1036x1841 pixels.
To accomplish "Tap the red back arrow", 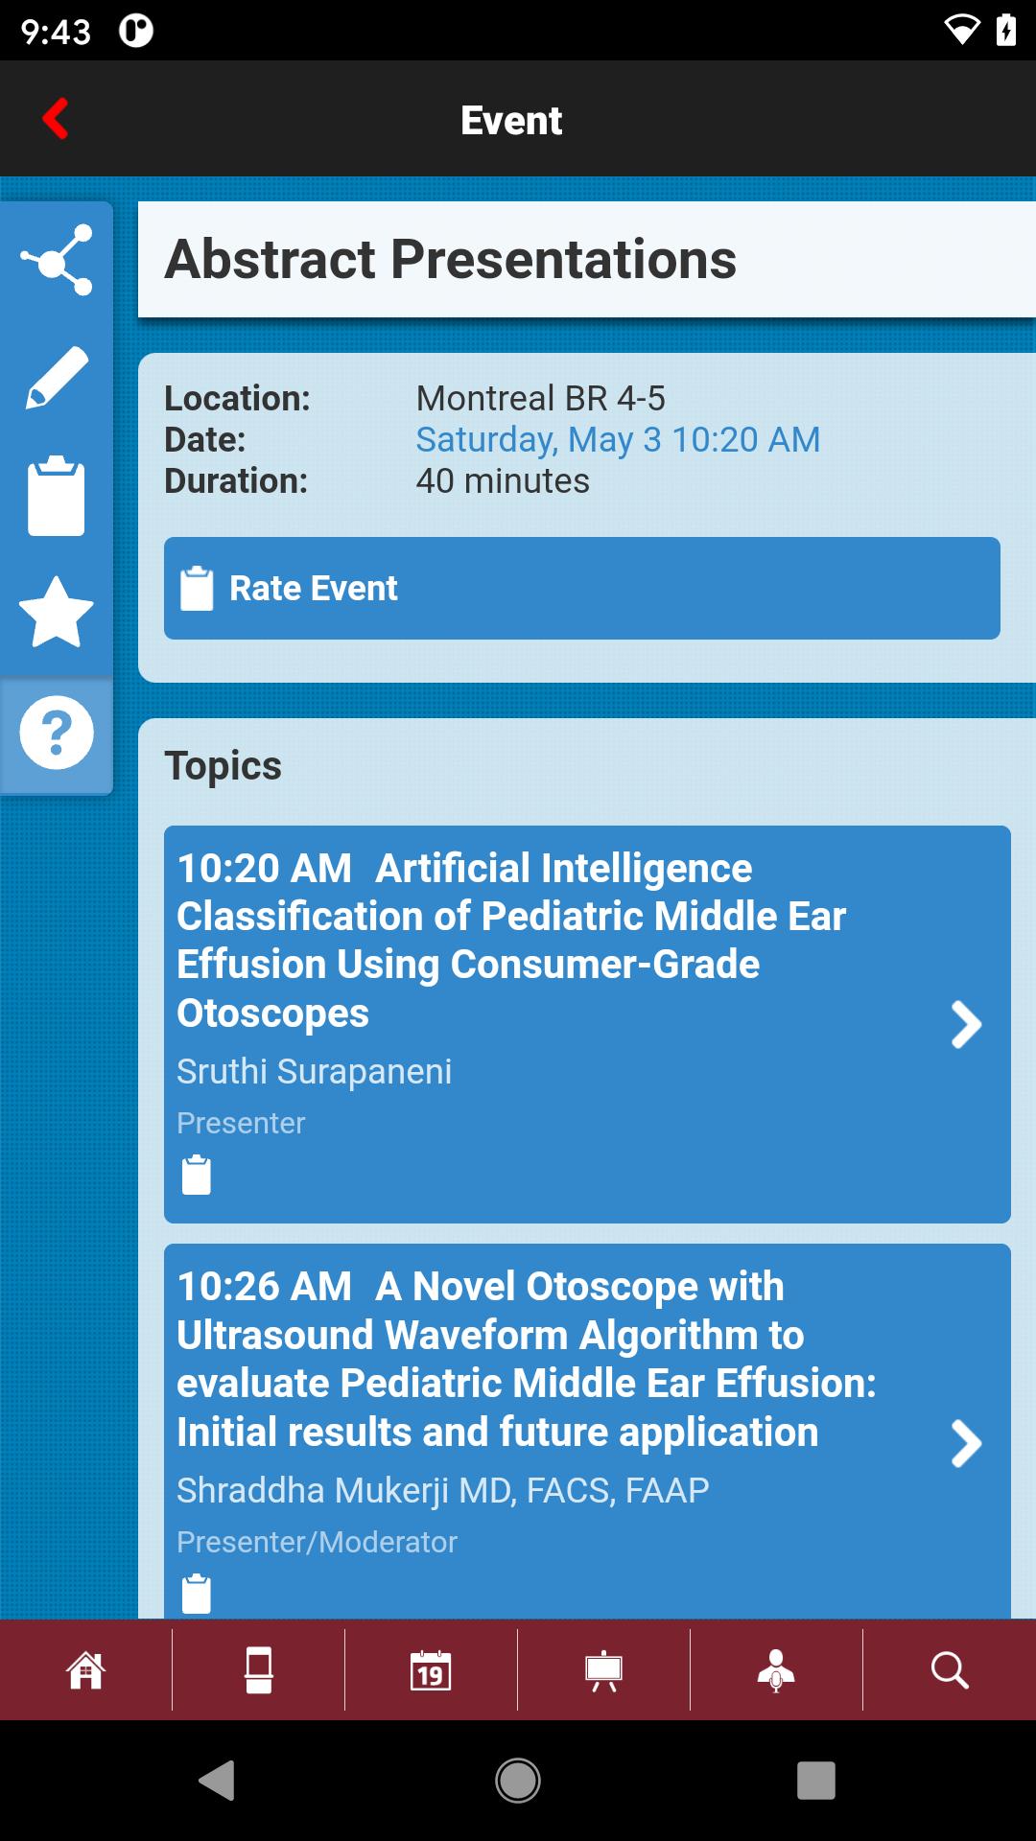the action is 56,119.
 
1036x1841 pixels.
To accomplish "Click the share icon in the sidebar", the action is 57,260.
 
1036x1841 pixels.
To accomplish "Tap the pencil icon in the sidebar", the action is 57,378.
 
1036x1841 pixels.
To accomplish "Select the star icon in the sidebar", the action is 57,612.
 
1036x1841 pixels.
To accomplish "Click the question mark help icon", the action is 57,733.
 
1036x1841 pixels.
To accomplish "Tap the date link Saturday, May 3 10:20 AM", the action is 618,440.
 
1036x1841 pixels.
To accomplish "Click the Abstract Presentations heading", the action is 451,259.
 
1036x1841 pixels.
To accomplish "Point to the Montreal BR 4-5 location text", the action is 540,398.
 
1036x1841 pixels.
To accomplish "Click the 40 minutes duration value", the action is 503,480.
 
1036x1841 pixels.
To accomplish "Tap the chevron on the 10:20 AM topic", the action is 966,1024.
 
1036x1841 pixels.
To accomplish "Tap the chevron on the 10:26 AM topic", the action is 966,1443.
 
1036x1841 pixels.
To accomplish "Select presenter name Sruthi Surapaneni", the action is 314,1071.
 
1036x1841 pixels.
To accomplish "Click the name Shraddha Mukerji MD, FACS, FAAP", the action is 443,1490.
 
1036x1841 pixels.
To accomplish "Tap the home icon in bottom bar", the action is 85,1669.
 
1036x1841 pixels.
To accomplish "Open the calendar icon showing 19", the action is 431,1669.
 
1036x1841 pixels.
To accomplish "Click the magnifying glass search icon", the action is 950,1669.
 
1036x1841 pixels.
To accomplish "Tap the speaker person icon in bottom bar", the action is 776,1670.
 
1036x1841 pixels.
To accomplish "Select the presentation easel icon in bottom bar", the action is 603,1670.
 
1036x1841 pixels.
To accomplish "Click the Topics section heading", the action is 224,766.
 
